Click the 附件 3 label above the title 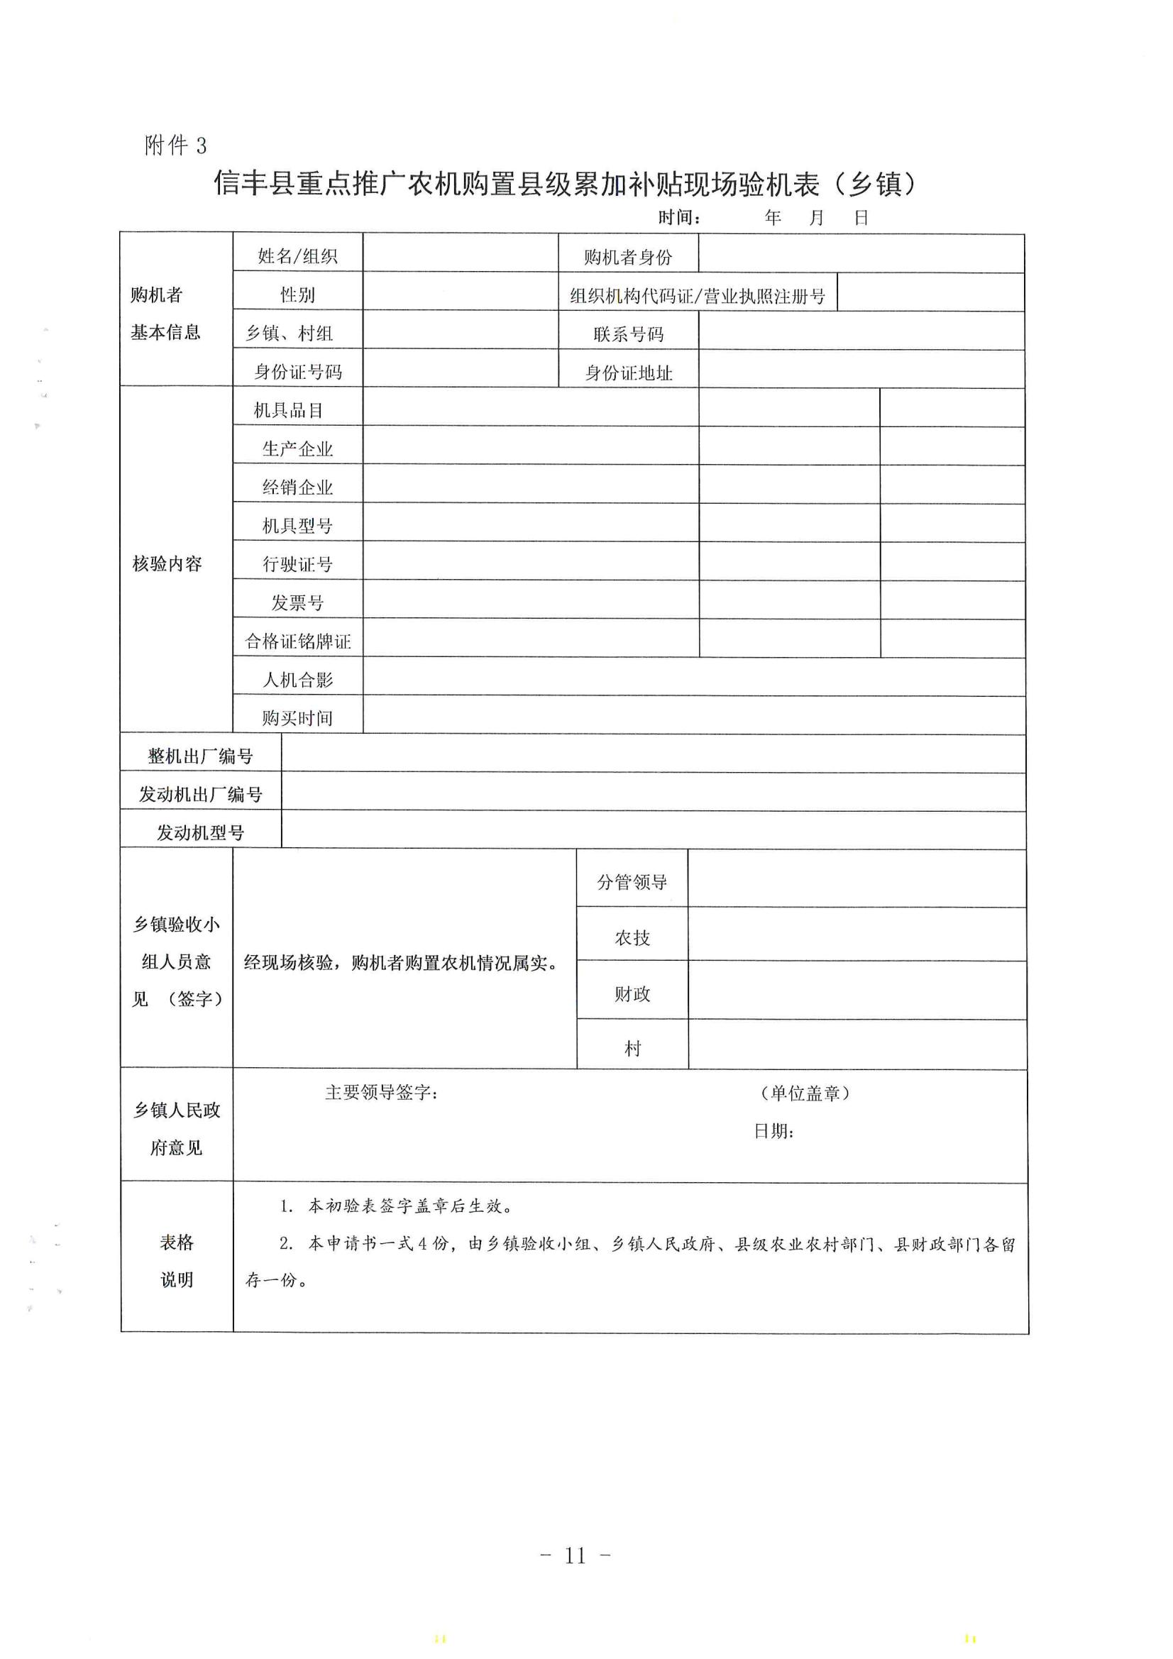175,145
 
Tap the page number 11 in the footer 576,1555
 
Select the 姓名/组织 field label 298,255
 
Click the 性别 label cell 298,294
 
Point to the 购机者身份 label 628,256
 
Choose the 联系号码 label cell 628,334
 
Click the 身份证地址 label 628,373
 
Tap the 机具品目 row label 288,410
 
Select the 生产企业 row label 298,448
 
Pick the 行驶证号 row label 298,564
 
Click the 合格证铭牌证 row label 298,641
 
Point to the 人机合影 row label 298,679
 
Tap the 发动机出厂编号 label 200,794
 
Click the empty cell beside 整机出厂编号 653,754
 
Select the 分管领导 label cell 632,881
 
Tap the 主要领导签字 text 381,1092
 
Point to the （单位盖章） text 805,1093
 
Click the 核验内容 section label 167,563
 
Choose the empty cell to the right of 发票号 531,600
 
